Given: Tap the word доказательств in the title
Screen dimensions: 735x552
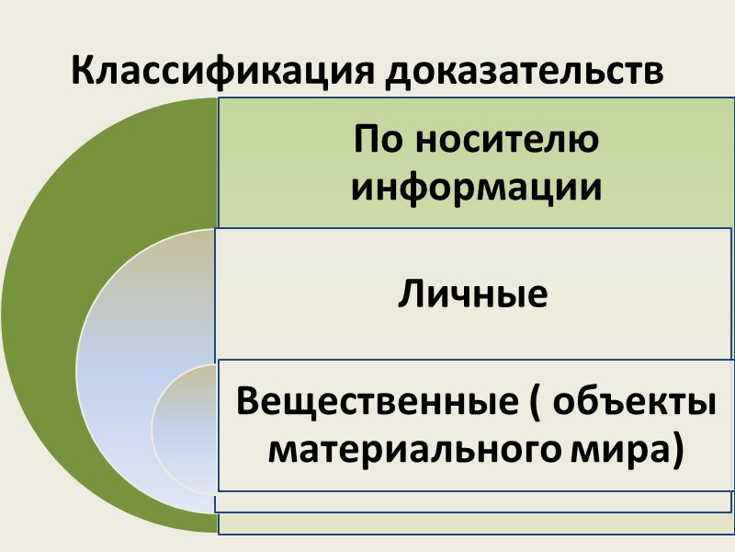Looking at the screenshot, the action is pyautogui.click(x=524, y=72).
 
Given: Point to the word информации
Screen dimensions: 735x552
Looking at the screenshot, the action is pyautogui.click(x=477, y=188).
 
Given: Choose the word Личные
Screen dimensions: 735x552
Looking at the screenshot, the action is pyautogui.click(x=474, y=295).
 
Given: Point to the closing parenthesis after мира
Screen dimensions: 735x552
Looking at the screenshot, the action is pyautogui.click(x=677, y=451).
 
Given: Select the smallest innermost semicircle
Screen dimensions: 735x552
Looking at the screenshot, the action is pyautogui.click(x=184, y=423).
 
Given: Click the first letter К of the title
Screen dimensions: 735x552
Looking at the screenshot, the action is pyautogui.click(x=82, y=72).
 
